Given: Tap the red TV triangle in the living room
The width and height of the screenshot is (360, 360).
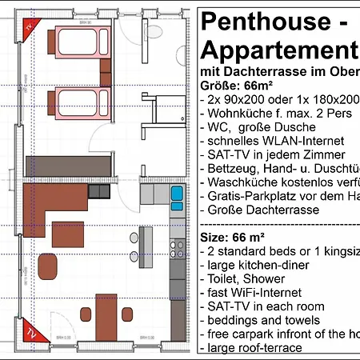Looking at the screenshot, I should pyautogui.click(x=30, y=330).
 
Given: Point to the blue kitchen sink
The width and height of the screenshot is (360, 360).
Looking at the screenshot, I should pyautogui.click(x=176, y=194).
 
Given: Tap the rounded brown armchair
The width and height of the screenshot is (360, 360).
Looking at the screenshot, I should pyautogui.click(x=48, y=268).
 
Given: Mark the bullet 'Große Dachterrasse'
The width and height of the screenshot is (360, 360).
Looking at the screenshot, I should pyautogui.click(x=262, y=210).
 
